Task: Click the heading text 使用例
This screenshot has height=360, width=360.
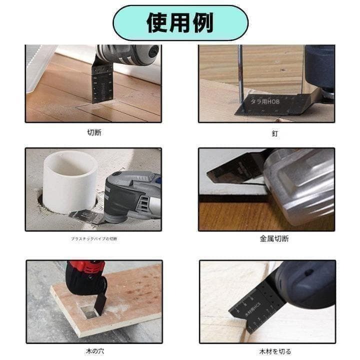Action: (180, 22)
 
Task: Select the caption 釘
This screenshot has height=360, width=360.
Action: (274, 133)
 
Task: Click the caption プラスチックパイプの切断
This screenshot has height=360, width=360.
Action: (94, 239)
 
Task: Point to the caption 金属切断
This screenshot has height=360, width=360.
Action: (274, 238)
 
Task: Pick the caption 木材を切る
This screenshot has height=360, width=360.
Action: (274, 351)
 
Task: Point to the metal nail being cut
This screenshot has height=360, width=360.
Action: (240, 75)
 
